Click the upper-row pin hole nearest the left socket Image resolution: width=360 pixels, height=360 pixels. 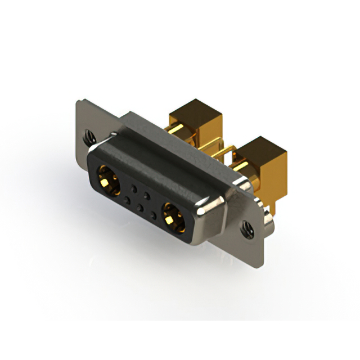tap(133, 186)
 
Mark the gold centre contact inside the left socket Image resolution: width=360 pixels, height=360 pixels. tap(107, 180)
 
